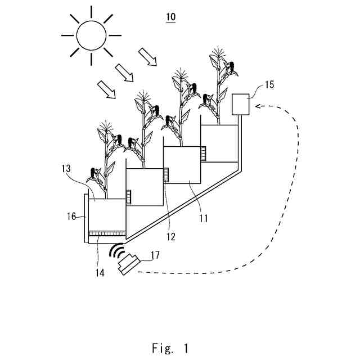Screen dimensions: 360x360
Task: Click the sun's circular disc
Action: [91, 35]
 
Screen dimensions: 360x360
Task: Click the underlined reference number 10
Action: [170, 17]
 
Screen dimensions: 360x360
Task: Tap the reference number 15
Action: [269, 85]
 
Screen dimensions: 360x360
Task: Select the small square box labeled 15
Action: [241, 104]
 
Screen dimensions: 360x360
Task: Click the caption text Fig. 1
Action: [170, 348]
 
